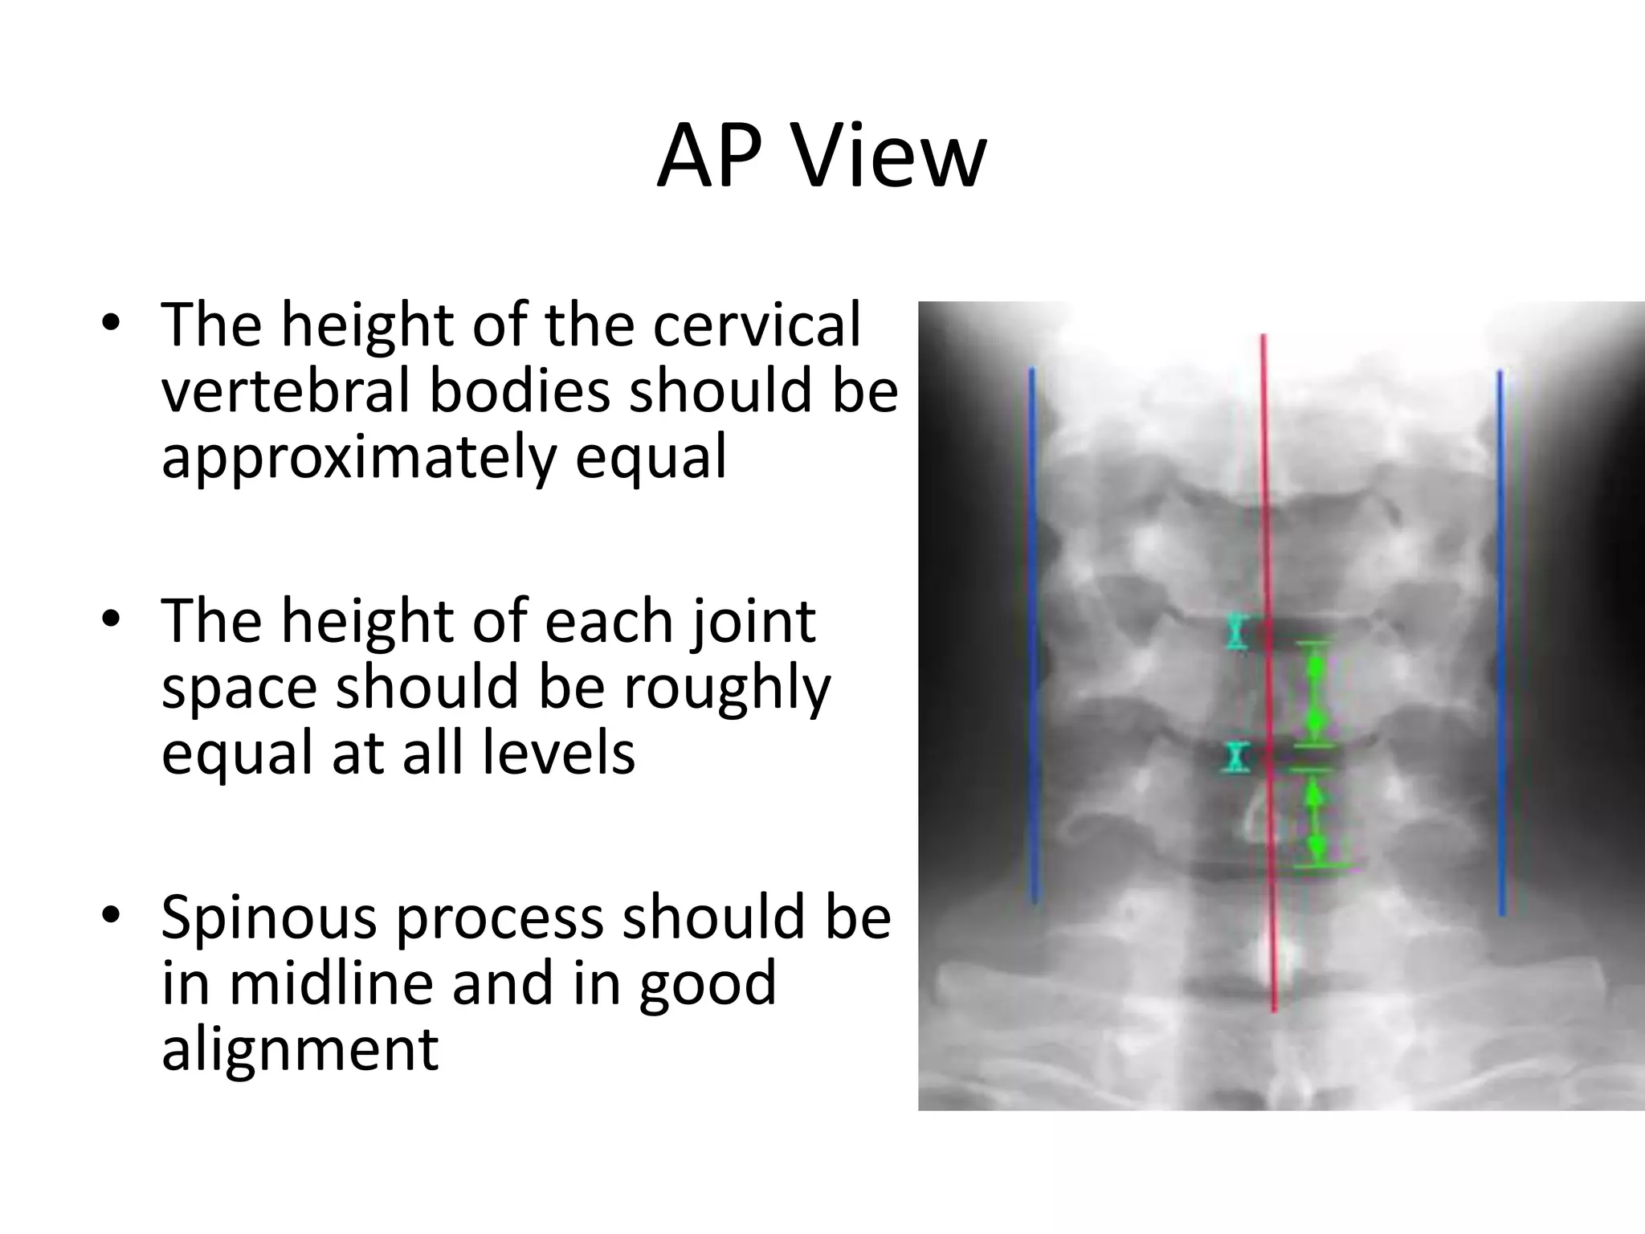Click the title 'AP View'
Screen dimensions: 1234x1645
(821, 157)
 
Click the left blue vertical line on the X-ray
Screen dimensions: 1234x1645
(1033, 635)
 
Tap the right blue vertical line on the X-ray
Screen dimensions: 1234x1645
(1500, 643)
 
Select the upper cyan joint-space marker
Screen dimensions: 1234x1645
(1237, 631)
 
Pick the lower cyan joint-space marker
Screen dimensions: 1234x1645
(1238, 757)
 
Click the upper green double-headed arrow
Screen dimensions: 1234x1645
(1314, 691)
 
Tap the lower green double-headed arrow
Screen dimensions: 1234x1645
(1314, 819)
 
